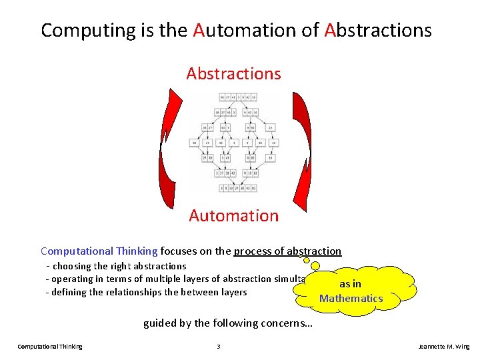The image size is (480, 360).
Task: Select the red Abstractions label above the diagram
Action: point(233,73)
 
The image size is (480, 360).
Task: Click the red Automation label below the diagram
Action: point(233,215)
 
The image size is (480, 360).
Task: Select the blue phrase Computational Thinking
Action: point(99,251)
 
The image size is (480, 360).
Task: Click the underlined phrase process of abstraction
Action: point(287,251)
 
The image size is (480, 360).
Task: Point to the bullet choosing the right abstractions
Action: point(115,266)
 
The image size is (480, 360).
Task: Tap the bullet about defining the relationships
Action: point(146,292)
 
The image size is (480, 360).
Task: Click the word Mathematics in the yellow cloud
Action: point(351,298)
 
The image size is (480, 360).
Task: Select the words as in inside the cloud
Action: point(351,284)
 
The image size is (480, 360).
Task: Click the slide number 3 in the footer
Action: point(218,347)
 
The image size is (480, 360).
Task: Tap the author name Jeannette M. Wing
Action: point(443,347)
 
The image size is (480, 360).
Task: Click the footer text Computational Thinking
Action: point(50,347)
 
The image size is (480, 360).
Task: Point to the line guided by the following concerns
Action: point(228,323)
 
